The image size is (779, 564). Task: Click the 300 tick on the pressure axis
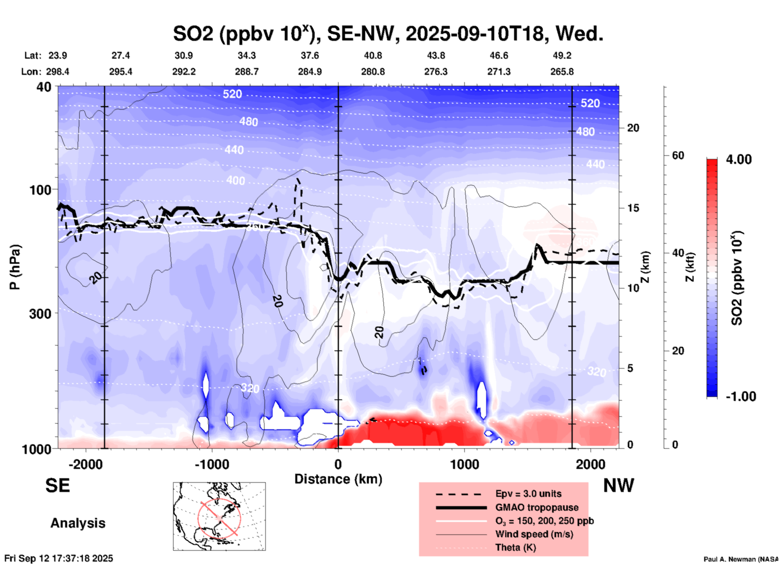click(40, 314)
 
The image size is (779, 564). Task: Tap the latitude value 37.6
click(309, 55)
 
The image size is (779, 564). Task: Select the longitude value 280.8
click(373, 72)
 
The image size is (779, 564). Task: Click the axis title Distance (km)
click(338, 479)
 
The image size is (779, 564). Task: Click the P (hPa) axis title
click(15, 267)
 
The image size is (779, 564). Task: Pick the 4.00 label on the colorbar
click(739, 159)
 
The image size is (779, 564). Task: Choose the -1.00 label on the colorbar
click(741, 396)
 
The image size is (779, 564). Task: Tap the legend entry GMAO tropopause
click(537, 507)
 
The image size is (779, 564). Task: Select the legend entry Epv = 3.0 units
click(528, 494)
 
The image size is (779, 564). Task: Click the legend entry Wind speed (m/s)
click(534, 534)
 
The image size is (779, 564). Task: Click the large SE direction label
click(58, 486)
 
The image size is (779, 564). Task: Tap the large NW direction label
click(618, 486)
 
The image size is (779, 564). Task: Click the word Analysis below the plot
click(78, 523)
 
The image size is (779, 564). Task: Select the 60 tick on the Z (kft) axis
click(678, 155)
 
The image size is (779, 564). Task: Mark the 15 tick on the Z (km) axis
click(633, 208)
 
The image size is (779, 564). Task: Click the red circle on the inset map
click(219, 517)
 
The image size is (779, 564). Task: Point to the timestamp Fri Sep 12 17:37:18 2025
click(59, 558)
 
